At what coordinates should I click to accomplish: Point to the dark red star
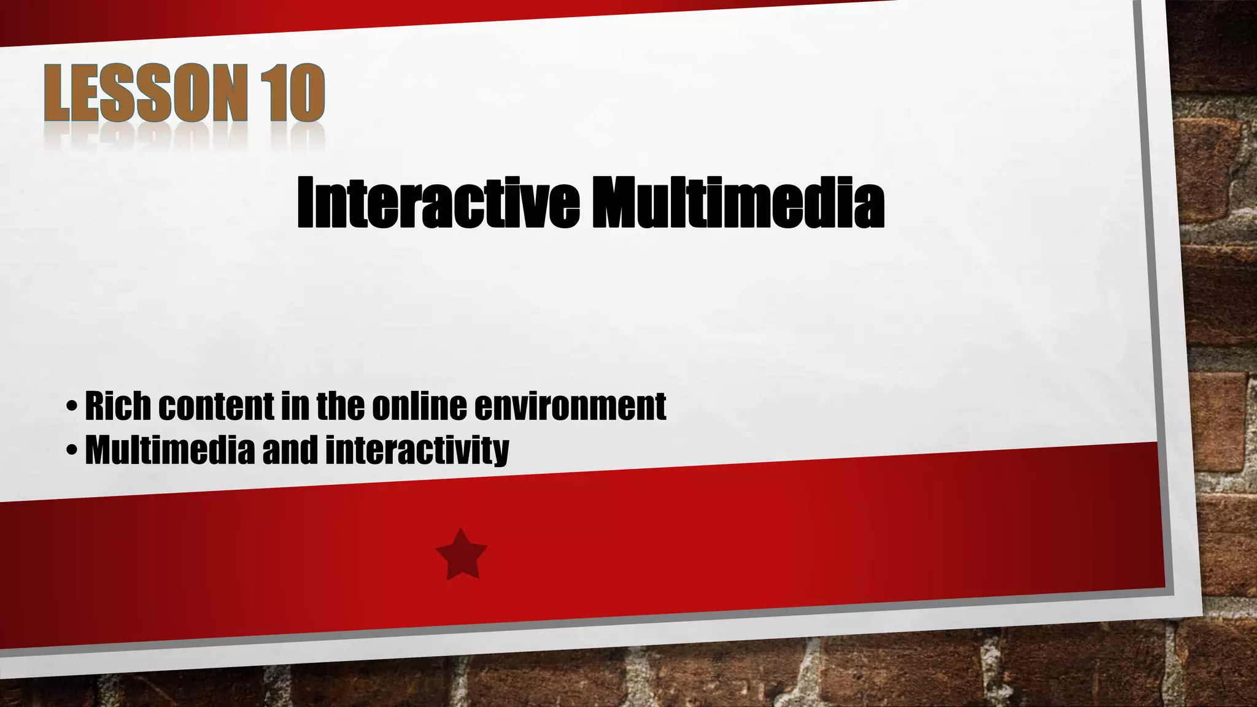click(x=462, y=555)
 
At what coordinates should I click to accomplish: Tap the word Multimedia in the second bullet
click(x=169, y=450)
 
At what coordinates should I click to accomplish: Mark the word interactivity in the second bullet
click(x=417, y=450)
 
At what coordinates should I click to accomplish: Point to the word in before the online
click(x=295, y=406)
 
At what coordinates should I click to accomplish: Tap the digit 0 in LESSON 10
click(x=304, y=93)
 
